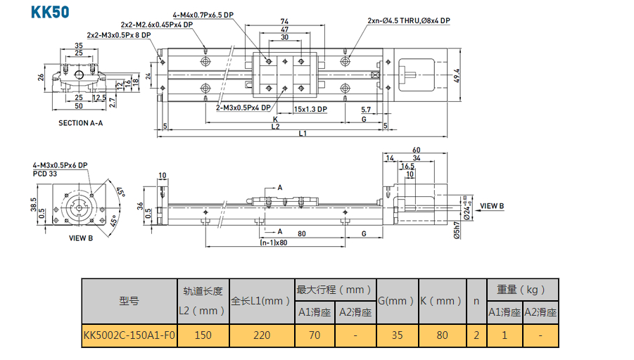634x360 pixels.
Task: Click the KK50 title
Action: (x=50, y=12)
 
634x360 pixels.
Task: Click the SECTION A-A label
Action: (x=80, y=123)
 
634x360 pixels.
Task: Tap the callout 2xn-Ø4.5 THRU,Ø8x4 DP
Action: (x=409, y=21)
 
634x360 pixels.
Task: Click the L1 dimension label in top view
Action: (x=303, y=134)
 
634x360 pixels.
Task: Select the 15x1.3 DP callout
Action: (x=310, y=109)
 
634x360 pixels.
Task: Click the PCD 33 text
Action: (x=46, y=172)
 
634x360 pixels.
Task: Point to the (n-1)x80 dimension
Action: (x=274, y=243)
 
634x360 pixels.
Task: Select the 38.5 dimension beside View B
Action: (x=34, y=204)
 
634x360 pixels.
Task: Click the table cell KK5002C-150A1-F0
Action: (x=129, y=335)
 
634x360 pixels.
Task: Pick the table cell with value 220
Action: (x=261, y=335)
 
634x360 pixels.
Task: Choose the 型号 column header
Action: (x=129, y=301)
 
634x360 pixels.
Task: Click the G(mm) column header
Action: (x=397, y=301)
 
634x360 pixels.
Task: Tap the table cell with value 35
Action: (x=397, y=335)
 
